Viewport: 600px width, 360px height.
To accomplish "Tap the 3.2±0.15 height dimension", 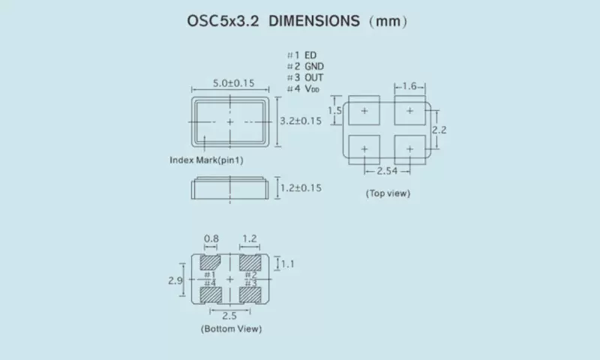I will pos(300,120).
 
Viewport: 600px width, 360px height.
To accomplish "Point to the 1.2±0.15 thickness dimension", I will pos(300,187).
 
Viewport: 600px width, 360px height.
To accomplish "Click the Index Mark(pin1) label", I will pos(206,160).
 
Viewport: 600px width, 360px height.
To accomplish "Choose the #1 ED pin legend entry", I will pos(301,56).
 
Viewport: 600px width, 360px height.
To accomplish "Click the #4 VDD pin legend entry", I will pos(303,89).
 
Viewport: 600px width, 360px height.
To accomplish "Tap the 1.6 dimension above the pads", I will pos(409,87).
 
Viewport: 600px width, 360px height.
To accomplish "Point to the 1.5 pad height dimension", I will pos(334,110).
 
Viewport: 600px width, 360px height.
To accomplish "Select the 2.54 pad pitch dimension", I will pos(387,172).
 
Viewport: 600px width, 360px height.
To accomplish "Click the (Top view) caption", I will pos(388,193).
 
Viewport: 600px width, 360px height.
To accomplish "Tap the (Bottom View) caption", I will pos(231,328).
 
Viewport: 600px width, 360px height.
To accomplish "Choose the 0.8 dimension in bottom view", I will pos(211,239).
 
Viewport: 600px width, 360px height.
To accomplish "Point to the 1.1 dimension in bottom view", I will pos(287,263).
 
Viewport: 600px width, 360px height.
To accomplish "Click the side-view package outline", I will pos(229,188).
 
